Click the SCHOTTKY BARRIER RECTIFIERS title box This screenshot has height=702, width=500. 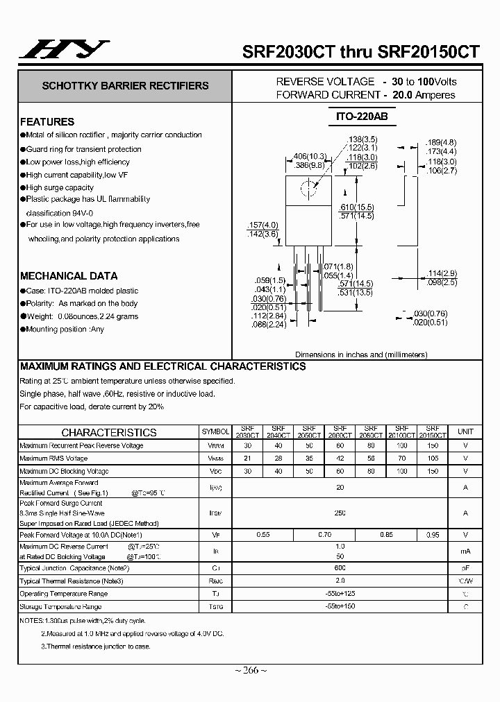(125, 86)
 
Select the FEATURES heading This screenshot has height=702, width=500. (47, 121)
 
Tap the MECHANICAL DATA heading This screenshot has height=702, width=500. (69, 275)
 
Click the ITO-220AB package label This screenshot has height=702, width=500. (356, 117)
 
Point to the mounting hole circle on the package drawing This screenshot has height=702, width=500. (308, 187)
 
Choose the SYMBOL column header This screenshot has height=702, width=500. (215, 431)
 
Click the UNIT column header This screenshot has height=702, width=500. (465, 431)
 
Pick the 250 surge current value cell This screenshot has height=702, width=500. (340, 513)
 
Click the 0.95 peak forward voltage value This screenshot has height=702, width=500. (432, 535)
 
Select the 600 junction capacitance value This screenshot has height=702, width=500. (340, 567)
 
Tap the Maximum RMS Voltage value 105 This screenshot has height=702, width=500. (432, 459)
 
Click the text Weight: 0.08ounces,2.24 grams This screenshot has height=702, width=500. (82, 316)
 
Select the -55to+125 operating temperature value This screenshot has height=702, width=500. (340, 593)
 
